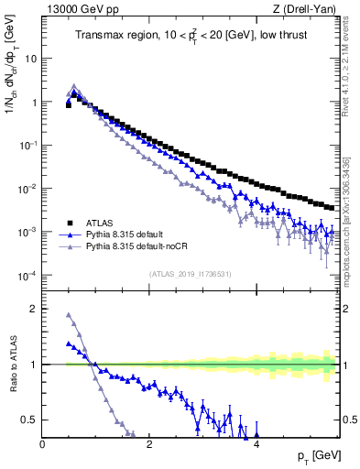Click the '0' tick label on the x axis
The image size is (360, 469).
(x=43, y=445)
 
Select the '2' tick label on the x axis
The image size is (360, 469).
(x=149, y=445)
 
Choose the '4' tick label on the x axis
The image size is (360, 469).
(x=256, y=445)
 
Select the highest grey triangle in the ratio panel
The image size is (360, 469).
(x=69, y=315)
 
